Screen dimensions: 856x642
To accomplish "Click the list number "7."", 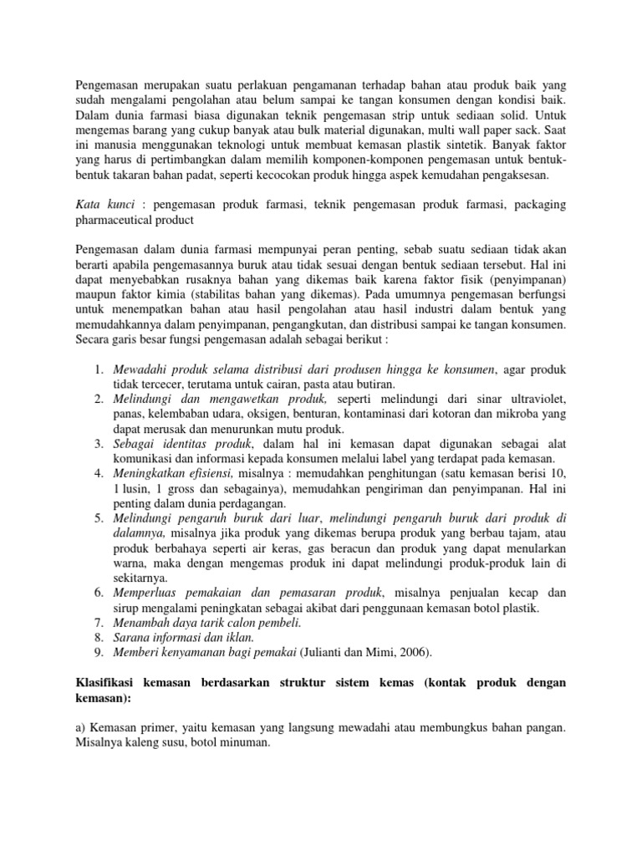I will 98,624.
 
